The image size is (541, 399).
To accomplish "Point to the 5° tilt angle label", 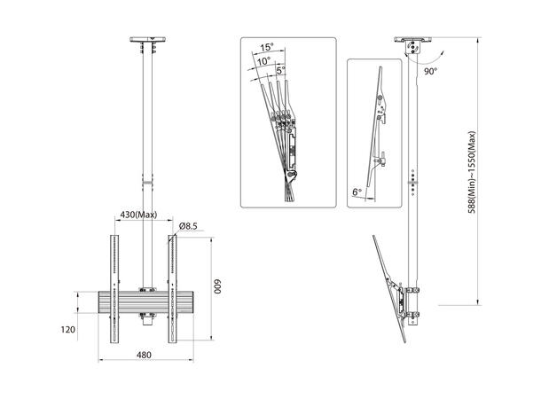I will click(x=280, y=71).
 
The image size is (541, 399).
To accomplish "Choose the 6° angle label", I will click(x=357, y=190).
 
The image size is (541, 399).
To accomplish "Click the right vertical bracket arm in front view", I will click(x=172, y=288).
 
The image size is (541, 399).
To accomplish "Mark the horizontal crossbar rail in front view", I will click(x=142, y=301).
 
